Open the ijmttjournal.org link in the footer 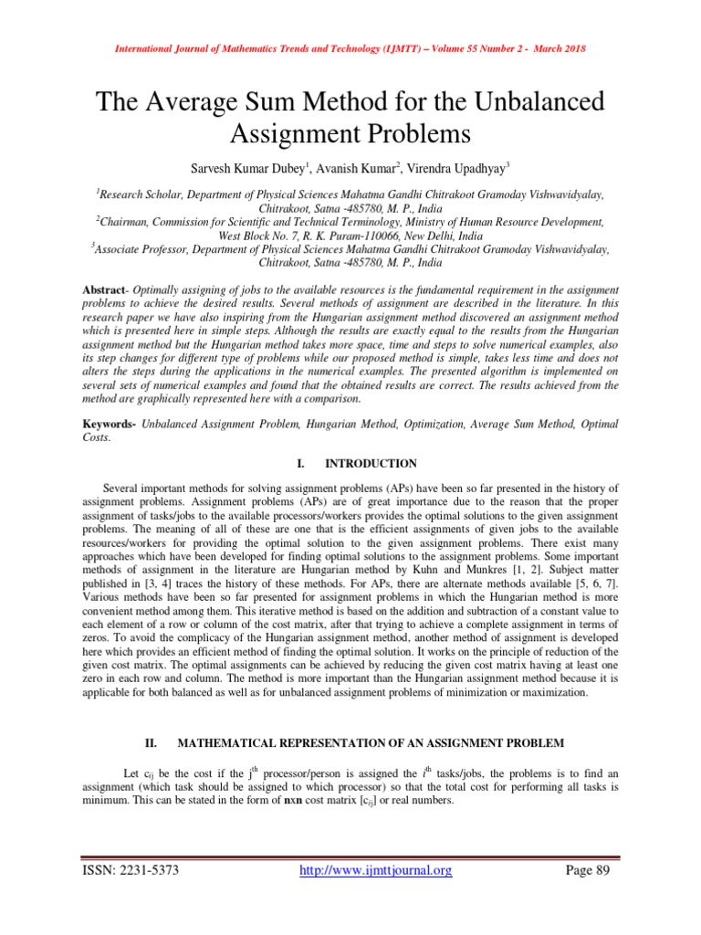376,870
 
